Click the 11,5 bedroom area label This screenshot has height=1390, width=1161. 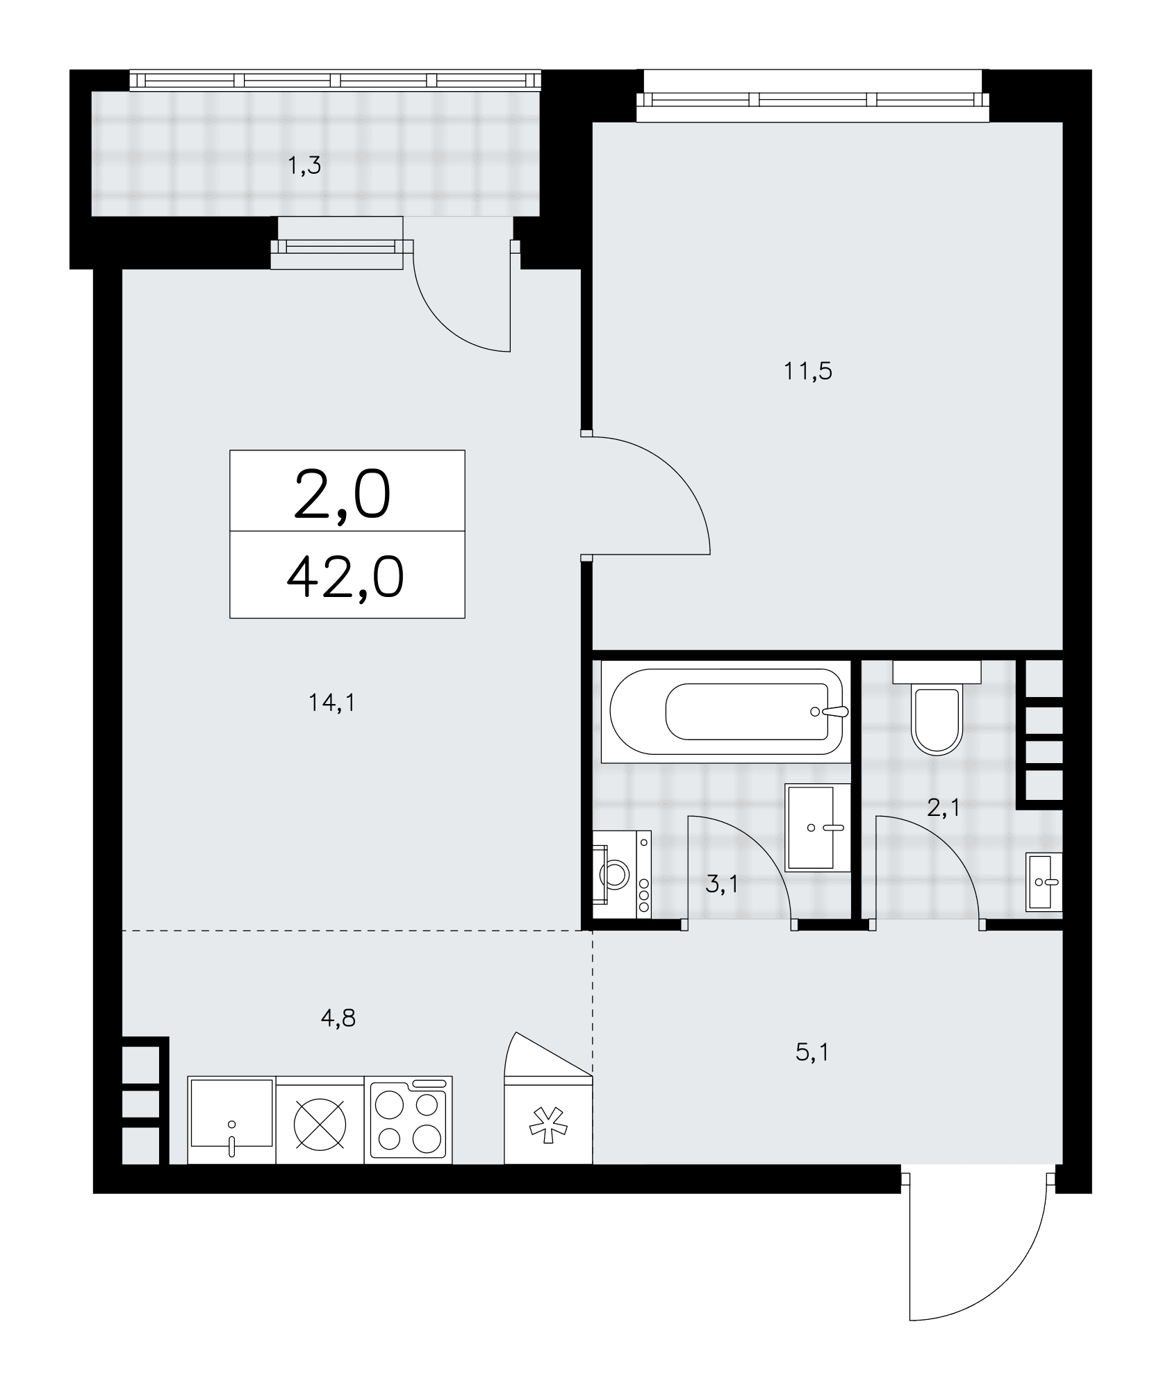[808, 372]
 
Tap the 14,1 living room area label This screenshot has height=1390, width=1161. [332, 704]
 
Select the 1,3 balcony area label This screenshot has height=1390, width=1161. [304, 167]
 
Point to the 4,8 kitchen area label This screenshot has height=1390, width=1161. [338, 1019]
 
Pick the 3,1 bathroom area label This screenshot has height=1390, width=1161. [722, 885]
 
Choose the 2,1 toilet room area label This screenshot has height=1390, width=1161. [944, 808]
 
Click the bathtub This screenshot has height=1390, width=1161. [726, 712]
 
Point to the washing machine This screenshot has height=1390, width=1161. [622, 874]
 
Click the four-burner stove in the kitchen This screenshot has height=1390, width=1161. [408, 1120]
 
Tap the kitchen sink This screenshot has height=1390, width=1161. [232, 1120]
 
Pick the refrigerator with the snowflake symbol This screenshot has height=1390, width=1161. [548, 1120]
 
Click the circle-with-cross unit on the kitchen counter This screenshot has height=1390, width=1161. [320, 1120]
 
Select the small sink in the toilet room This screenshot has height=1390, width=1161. [1044, 881]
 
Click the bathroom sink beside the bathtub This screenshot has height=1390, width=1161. [818, 827]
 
